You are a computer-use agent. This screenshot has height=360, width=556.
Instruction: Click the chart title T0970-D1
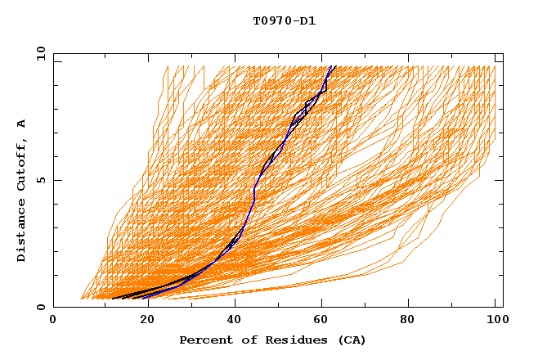pyautogui.click(x=285, y=20)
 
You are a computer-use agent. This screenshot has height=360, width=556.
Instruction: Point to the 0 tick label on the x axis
pyautogui.click(x=53, y=321)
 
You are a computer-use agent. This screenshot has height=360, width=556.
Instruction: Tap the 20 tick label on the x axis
pyautogui.click(x=146, y=321)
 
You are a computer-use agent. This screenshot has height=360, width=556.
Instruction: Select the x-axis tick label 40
pyautogui.click(x=235, y=321)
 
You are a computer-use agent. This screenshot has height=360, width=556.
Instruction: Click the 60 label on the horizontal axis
pyautogui.click(x=325, y=321)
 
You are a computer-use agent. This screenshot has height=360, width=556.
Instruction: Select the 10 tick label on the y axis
pyautogui.click(x=38, y=53)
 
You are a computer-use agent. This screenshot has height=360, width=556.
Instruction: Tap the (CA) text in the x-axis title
pyautogui.click(x=351, y=340)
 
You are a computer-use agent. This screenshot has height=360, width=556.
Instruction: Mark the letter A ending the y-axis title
pyautogui.click(x=21, y=124)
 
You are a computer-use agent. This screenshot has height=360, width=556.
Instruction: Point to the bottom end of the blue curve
pyautogui.click(x=143, y=298)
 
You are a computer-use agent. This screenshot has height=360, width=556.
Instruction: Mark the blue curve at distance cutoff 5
pyautogui.click(x=257, y=180)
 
